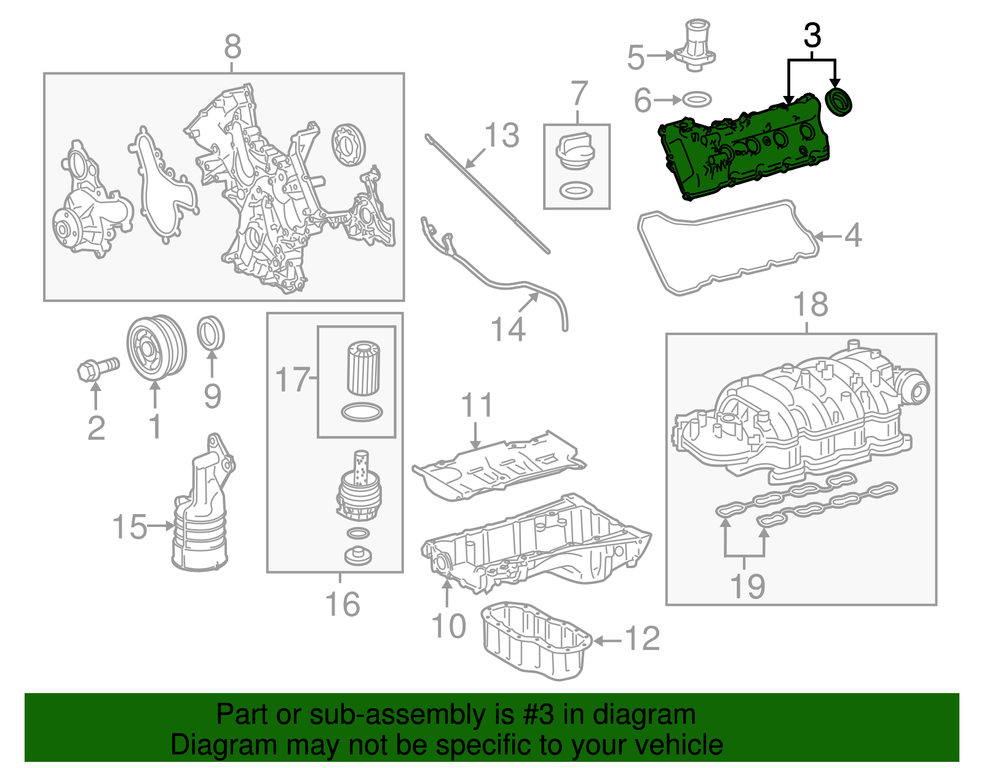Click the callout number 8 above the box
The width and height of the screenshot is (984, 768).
[x=232, y=47]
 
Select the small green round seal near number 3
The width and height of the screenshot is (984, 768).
[x=838, y=101]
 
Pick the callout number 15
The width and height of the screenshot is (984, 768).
[x=130, y=527]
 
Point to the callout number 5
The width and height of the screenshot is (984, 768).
[x=635, y=57]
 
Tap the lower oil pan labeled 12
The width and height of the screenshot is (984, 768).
[x=535, y=643]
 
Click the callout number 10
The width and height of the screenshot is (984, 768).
[x=449, y=626]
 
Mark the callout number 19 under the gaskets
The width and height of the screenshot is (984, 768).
[x=747, y=585]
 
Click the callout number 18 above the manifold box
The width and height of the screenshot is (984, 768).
[x=810, y=304]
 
